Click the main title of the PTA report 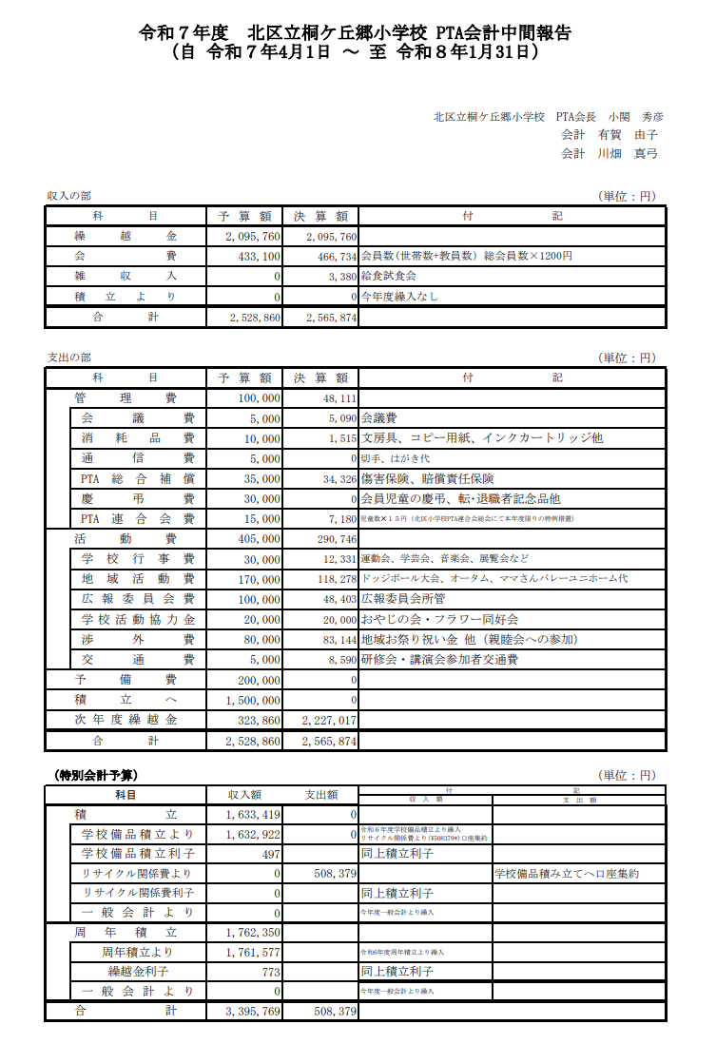point(357,32)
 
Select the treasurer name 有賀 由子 point(628,135)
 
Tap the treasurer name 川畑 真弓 point(628,153)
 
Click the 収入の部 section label point(69,196)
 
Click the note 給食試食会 point(389,277)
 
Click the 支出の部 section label point(69,358)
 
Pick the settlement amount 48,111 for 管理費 point(339,399)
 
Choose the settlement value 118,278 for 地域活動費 point(335,578)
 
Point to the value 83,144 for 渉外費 point(339,639)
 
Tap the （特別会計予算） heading point(96,775)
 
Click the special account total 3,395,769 point(253,1012)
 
